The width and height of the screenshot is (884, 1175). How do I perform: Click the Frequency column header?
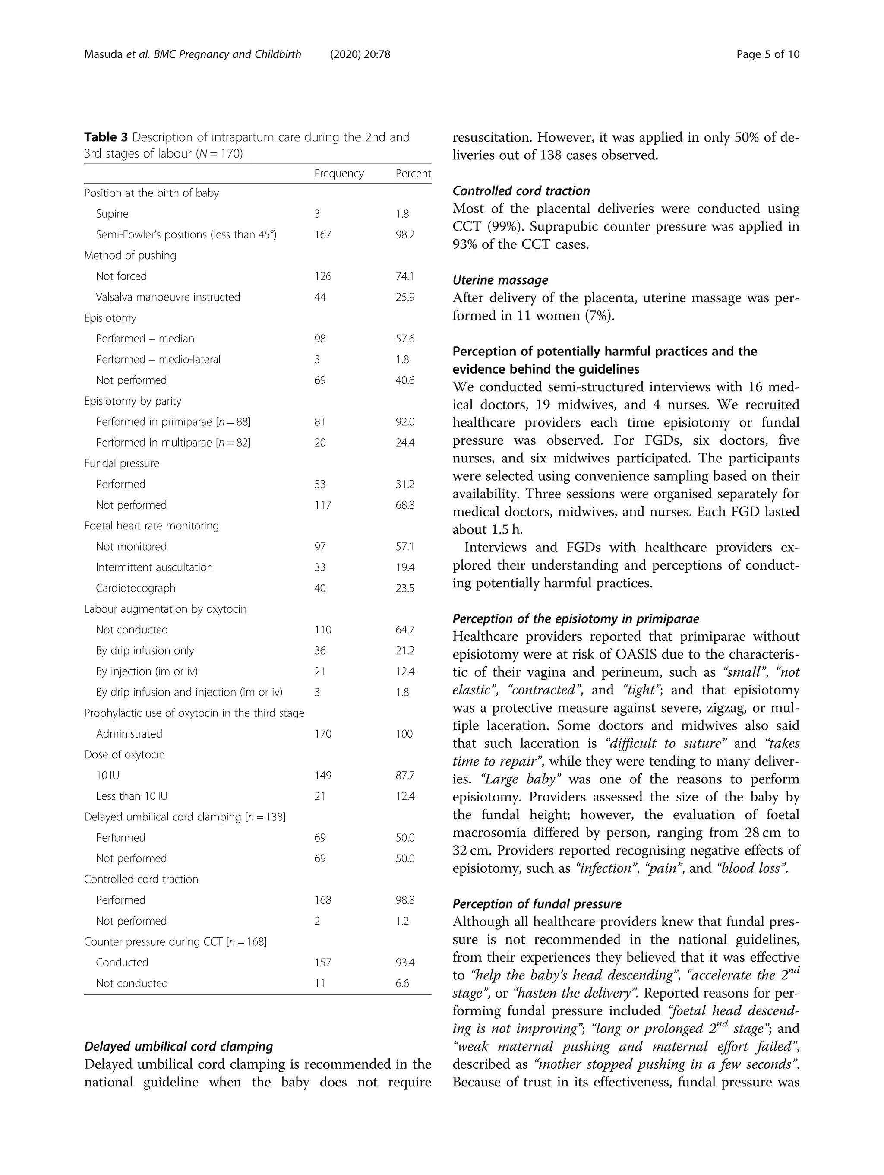point(339,174)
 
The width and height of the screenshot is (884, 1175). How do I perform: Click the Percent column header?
point(413,174)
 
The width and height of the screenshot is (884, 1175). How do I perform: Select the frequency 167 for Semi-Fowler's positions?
point(322,235)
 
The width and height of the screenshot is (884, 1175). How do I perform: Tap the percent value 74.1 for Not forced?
point(404,276)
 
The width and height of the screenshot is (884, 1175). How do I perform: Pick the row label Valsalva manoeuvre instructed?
point(168,297)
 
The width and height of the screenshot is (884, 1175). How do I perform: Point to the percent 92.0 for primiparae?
point(404,422)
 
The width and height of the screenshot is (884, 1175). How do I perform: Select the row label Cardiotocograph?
point(136,588)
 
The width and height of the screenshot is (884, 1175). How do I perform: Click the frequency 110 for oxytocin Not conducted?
point(322,630)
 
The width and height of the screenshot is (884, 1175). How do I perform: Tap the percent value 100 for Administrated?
point(404,734)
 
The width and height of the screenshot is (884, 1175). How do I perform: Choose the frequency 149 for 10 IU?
point(322,776)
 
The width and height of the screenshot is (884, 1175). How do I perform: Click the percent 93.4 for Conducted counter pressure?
point(404,963)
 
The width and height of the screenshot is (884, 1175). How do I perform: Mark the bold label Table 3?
point(106,137)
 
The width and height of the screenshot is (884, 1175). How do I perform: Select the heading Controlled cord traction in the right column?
point(521,191)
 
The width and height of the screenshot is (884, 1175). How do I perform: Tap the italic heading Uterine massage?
point(500,280)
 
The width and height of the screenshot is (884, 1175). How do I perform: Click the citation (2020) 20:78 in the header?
point(360,54)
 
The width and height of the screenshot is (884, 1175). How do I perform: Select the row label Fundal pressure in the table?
point(122,463)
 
